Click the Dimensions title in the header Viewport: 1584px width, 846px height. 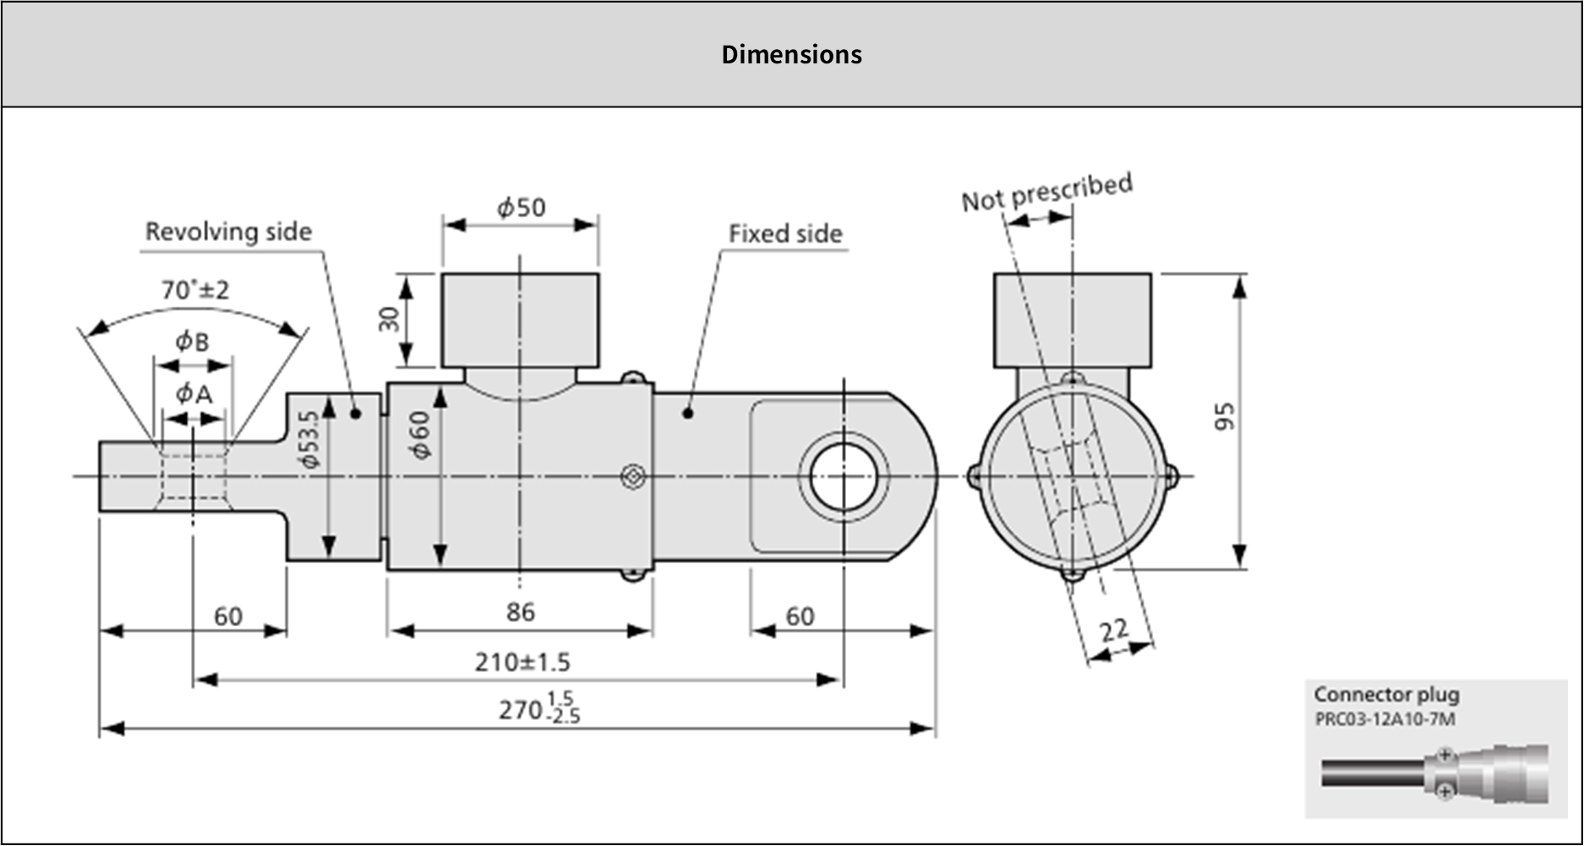point(791,54)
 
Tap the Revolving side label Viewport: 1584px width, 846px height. point(228,232)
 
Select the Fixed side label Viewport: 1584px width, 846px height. point(785,233)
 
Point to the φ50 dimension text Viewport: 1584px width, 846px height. point(521,207)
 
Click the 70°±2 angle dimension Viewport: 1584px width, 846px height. point(195,290)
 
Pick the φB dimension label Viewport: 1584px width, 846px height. point(192,341)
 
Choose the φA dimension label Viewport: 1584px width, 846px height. point(194,393)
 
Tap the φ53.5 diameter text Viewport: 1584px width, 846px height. point(309,439)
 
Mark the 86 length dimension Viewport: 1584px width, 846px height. point(521,611)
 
